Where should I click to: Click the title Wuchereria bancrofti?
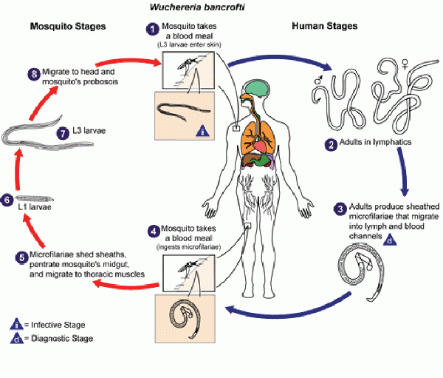pos(197,7)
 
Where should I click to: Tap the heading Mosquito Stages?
pos(68,27)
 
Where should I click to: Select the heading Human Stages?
pos(325,26)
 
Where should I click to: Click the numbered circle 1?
pos(153,30)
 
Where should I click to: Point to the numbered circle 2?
pos(331,145)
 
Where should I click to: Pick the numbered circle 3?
pos(340,209)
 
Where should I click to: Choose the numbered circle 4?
pos(154,232)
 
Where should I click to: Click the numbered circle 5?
pos(21,258)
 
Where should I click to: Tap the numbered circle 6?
pos(7,200)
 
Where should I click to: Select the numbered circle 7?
pos(63,133)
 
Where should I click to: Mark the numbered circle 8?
pos(34,75)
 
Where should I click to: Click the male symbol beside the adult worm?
pos(318,80)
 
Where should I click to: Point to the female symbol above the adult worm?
pos(405,64)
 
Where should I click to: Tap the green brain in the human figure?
pos(256,88)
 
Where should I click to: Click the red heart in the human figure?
pos(259,146)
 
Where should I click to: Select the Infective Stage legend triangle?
pos(17,324)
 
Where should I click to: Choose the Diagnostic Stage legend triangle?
pos(17,338)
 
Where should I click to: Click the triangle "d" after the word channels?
pos(390,240)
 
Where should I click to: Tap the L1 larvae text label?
pos(35,207)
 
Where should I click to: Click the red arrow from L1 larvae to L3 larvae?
pos(18,169)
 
